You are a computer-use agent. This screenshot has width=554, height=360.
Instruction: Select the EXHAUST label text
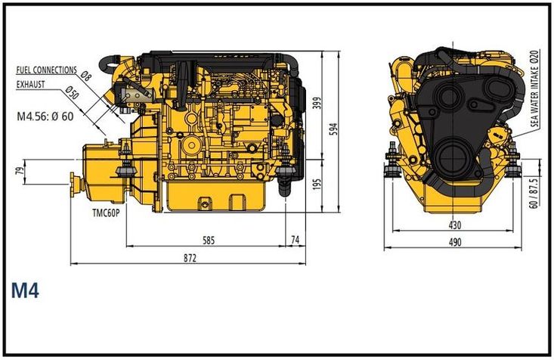(31, 85)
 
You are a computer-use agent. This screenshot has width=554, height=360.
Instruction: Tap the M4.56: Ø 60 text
(45, 116)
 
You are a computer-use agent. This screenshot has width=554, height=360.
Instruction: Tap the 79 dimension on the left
(20, 172)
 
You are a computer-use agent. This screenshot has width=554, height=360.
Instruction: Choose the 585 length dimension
(209, 241)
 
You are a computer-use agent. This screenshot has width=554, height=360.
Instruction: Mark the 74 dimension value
(296, 241)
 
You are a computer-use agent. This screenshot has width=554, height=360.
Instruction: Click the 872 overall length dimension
(189, 259)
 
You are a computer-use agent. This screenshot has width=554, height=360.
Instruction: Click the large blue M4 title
(25, 290)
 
